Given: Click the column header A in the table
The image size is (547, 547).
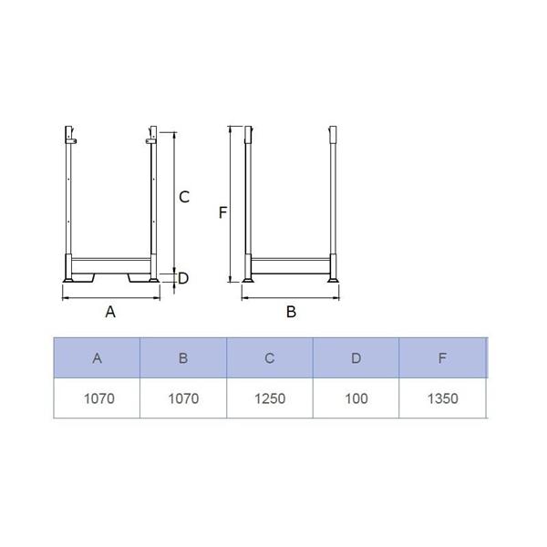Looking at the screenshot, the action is pyautogui.click(x=97, y=358).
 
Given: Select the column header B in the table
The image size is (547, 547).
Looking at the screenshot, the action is pyautogui.click(x=183, y=358).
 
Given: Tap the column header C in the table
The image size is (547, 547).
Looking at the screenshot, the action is pyautogui.click(x=269, y=358).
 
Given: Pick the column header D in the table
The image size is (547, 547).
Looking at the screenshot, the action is pyautogui.click(x=356, y=358).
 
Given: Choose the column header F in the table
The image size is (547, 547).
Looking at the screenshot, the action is pyautogui.click(x=442, y=358).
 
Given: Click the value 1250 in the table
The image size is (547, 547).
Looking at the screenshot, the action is pyautogui.click(x=270, y=398).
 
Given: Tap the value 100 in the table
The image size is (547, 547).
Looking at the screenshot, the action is pyautogui.click(x=356, y=398).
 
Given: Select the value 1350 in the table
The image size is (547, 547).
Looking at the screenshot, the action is pyautogui.click(x=443, y=398).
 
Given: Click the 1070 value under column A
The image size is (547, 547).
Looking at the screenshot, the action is pyautogui.click(x=99, y=398).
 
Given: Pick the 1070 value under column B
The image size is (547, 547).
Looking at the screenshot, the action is pyautogui.click(x=183, y=398).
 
